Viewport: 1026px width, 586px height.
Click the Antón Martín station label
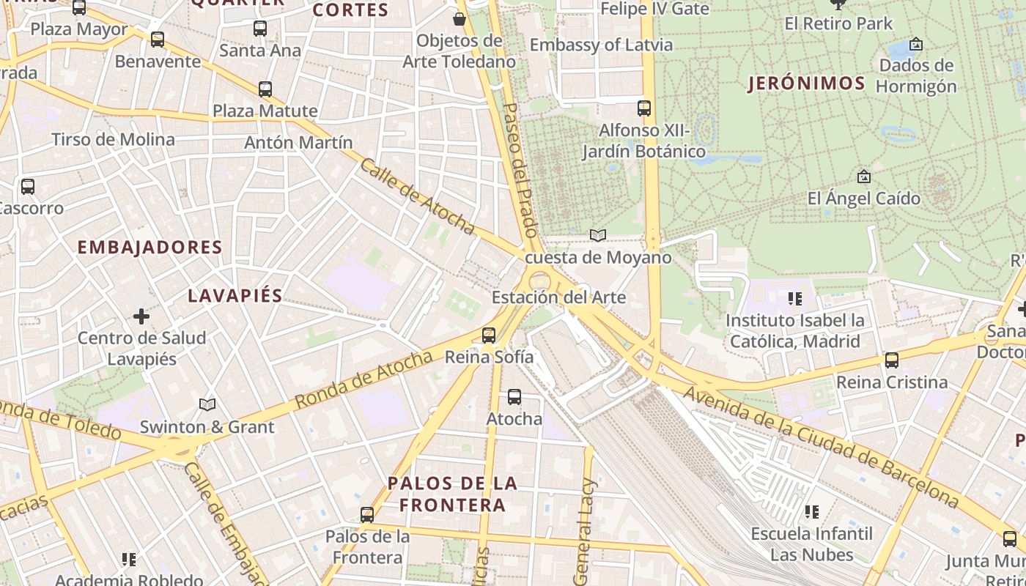point(298,142)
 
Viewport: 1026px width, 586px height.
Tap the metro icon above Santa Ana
point(260,29)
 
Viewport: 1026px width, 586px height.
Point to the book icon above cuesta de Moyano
point(598,235)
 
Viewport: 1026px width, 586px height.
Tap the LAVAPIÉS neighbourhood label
point(235,295)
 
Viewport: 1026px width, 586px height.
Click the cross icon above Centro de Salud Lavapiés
point(141,316)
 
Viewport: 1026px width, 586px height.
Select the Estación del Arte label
point(558,297)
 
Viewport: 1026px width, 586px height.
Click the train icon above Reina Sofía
point(489,335)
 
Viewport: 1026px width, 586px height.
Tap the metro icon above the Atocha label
point(514,397)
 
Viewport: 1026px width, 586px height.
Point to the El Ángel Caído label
point(863,198)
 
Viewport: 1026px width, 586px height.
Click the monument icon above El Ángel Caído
point(863,177)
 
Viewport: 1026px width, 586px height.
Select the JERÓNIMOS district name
point(806,84)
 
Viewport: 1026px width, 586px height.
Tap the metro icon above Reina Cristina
point(892,360)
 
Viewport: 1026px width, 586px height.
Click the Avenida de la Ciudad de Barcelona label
point(821,447)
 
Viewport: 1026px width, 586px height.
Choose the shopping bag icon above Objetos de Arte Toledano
point(460,18)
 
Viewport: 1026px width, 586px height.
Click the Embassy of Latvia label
point(601,45)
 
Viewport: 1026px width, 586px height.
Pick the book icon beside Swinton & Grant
point(207,404)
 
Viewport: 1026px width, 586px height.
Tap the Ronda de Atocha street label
point(363,380)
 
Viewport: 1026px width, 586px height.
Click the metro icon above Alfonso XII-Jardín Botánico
point(644,108)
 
